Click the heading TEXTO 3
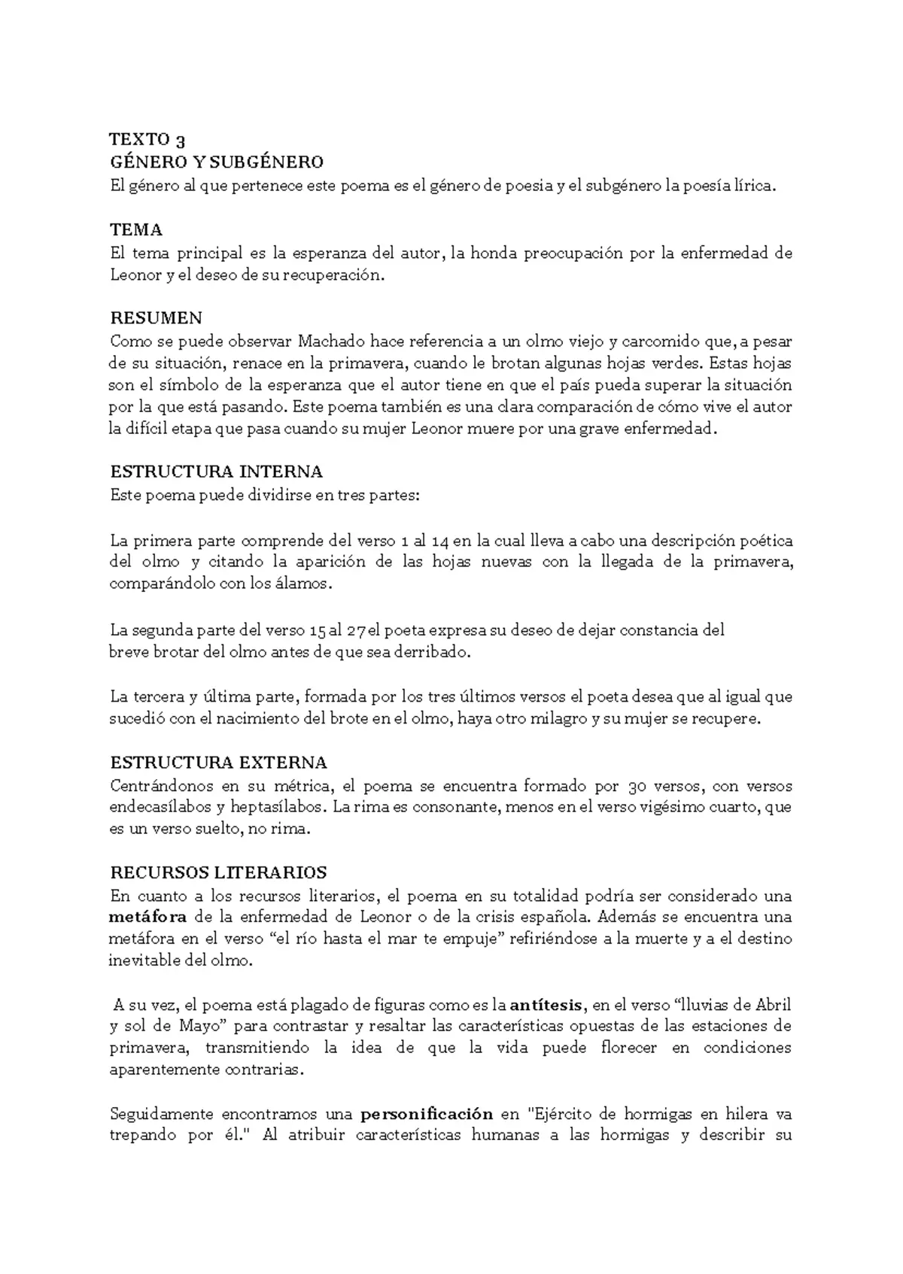click(x=147, y=140)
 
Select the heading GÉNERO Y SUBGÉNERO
click(x=217, y=162)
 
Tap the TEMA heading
click(x=136, y=229)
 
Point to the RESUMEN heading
click(x=156, y=318)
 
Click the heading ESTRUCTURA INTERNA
click(x=216, y=472)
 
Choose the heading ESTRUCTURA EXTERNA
click(x=218, y=763)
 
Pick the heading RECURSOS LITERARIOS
click(x=218, y=873)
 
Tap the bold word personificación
click(x=427, y=1114)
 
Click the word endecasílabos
click(x=159, y=808)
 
